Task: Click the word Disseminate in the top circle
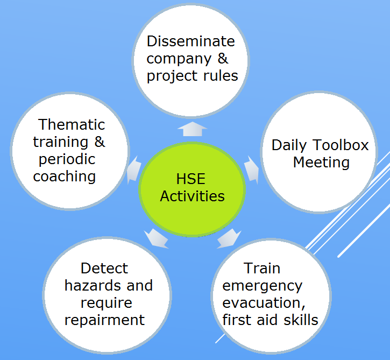(x=191, y=41)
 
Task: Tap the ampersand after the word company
(x=223, y=59)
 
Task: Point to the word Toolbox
(x=341, y=145)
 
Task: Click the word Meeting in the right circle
(x=321, y=163)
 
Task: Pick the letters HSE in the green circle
(x=191, y=179)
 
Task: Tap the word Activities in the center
(x=192, y=196)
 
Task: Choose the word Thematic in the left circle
(x=72, y=124)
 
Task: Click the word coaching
(x=65, y=177)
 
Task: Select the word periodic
(x=67, y=159)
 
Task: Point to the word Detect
(x=104, y=268)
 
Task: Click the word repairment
(x=104, y=320)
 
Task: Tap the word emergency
(x=263, y=286)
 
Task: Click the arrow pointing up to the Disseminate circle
(x=192, y=129)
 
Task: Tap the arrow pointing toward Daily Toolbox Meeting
(x=252, y=170)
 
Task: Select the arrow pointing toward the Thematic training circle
(x=134, y=170)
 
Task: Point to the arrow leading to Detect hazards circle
(x=157, y=238)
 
